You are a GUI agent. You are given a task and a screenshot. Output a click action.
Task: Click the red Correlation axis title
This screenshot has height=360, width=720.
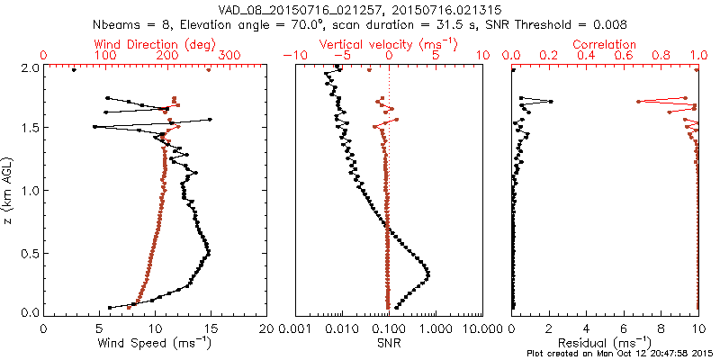pyautogui.click(x=605, y=44)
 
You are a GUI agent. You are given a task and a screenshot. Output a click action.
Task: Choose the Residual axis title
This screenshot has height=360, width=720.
pyautogui.click(x=605, y=343)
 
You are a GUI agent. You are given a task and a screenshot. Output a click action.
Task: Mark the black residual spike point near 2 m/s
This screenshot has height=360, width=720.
pyautogui.click(x=552, y=102)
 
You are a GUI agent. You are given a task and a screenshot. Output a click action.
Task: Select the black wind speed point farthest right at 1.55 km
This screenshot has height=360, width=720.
pyautogui.click(x=210, y=119)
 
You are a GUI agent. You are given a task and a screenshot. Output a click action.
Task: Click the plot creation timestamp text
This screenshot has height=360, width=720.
pyautogui.click(x=622, y=354)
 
